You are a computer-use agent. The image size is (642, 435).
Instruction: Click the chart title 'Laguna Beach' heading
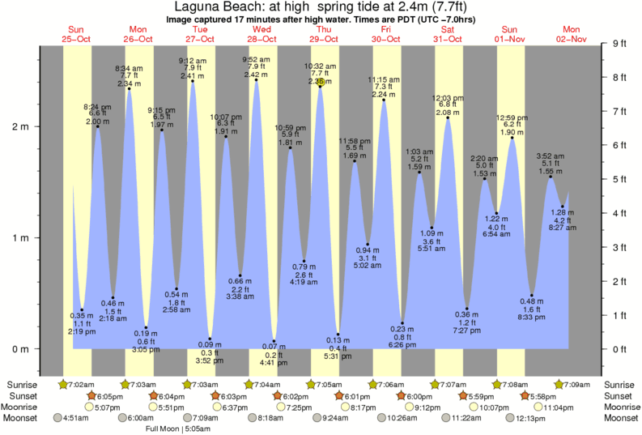(321, 6)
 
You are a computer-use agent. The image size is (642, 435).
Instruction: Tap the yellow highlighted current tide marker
(321, 82)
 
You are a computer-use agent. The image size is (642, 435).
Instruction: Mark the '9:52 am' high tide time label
(257, 59)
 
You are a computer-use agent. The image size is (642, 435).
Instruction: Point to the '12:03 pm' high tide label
(449, 97)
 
